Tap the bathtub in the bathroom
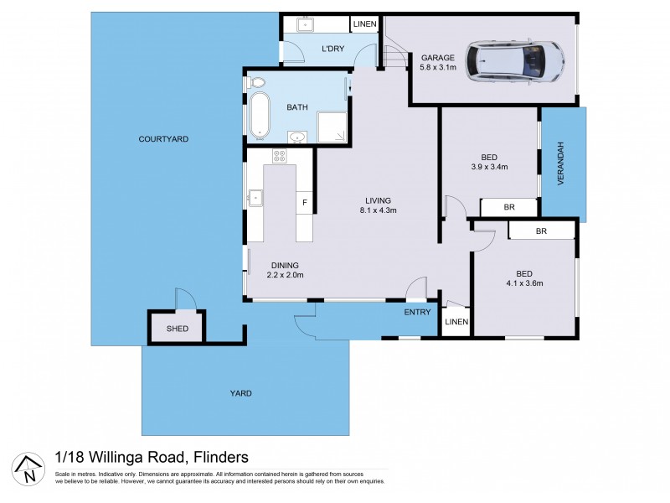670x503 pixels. [x=259, y=115]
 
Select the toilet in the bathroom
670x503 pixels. [x=256, y=83]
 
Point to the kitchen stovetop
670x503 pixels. [x=279, y=156]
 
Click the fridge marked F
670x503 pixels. [x=305, y=203]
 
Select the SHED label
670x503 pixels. [x=175, y=329]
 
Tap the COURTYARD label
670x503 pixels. [x=162, y=139]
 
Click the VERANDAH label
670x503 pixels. [x=564, y=164]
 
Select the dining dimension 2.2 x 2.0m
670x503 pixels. [x=285, y=275]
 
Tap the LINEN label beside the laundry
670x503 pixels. [x=363, y=25]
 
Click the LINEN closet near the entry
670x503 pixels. [x=456, y=321]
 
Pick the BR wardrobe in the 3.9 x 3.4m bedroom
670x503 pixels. [x=508, y=207]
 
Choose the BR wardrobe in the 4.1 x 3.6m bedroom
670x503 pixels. [x=541, y=231]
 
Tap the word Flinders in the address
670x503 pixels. [x=220, y=456]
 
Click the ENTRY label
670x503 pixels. [x=417, y=313]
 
